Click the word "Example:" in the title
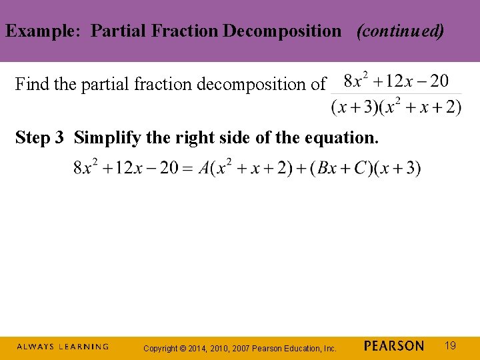tap(45, 31)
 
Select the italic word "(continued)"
tap(400, 31)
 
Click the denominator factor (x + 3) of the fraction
tap(351, 107)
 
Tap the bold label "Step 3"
tap(39, 138)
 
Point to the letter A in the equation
tap(203, 168)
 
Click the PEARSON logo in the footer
tap(394, 346)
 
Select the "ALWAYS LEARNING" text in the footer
tap(62, 347)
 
